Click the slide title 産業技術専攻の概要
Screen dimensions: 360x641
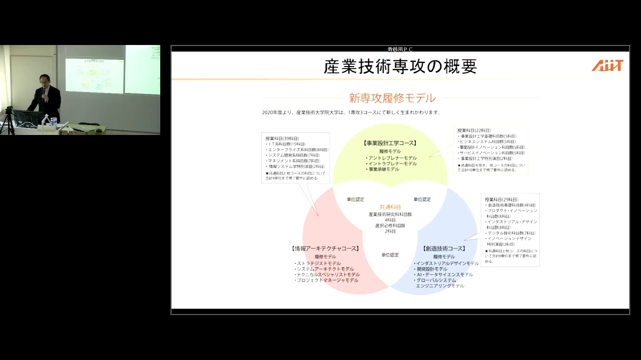click(400, 66)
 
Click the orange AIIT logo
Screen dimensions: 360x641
click(607, 65)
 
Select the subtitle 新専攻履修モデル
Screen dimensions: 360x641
click(392, 98)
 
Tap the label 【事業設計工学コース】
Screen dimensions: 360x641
click(390, 143)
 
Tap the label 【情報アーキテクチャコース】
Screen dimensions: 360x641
click(325, 248)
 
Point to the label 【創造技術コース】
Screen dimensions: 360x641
click(444, 248)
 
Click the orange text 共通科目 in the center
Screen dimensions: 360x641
click(390, 206)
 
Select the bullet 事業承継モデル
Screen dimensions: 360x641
click(384, 169)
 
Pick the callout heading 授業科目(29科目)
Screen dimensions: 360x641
click(501, 199)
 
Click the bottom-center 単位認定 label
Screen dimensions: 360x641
click(390, 255)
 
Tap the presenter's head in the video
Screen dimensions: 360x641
click(45, 79)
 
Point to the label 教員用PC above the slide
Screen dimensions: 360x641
click(400, 49)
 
